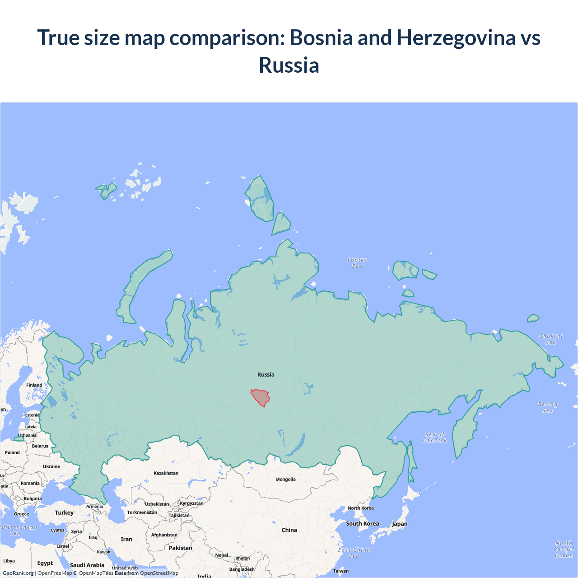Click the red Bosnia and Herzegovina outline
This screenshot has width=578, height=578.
click(261, 397)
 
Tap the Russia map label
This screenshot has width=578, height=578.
click(266, 374)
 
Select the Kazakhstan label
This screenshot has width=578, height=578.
click(166, 473)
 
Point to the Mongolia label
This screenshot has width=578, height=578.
click(285, 480)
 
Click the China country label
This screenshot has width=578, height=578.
click(289, 530)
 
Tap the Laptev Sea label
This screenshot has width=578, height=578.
click(357, 263)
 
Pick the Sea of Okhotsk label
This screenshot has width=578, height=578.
click(435, 437)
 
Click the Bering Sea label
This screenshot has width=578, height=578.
click(547, 407)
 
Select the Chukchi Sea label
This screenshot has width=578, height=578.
click(551, 339)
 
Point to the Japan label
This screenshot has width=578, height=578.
click(399, 524)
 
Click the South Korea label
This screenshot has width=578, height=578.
click(362, 524)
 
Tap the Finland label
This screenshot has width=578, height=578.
click(34, 385)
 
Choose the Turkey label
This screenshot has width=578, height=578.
click(64, 513)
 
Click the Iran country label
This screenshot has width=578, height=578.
click(126, 539)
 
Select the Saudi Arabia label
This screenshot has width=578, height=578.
click(87, 565)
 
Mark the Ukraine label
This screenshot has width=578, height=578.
click(51, 466)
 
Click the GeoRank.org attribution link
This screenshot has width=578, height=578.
click(18, 573)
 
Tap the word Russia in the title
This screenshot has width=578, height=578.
click(289, 65)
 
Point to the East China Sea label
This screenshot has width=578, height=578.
click(354, 553)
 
